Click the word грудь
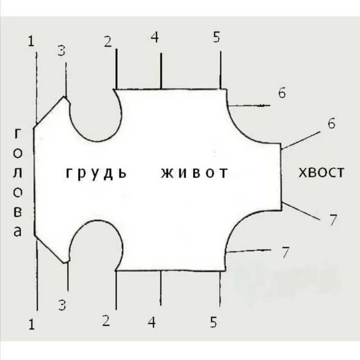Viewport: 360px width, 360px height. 96,173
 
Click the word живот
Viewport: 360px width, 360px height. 194,173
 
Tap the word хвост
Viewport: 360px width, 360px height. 321,172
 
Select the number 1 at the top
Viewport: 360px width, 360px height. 31,41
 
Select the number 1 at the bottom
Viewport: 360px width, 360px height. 31,324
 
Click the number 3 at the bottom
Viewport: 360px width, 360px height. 63,306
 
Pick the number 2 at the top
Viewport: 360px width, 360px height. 108,41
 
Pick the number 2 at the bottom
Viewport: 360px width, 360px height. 106,321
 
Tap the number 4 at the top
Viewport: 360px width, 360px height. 155,38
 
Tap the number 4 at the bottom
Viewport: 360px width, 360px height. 152,322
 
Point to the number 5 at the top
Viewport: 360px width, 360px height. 217,38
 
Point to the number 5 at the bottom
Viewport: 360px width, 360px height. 214,322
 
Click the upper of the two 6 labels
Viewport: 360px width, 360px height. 282,93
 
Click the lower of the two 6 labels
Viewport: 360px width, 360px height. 331,124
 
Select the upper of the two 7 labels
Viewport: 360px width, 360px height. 333,220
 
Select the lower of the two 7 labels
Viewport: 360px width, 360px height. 285,252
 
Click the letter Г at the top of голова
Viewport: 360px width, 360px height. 18,133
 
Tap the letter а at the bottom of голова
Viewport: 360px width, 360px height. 18,232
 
